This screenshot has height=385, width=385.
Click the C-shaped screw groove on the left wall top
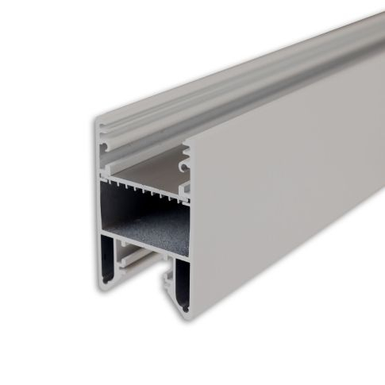[x=105, y=147]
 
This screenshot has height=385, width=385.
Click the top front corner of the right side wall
[x=187, y=144]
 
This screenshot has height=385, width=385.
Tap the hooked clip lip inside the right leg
[x=168, y=278]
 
